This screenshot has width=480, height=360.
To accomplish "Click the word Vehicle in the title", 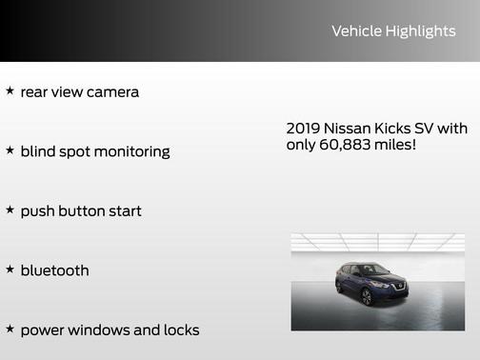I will point(353,31).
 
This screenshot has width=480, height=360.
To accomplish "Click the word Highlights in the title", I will point(419,31).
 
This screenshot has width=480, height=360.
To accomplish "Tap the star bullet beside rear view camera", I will point(10,91).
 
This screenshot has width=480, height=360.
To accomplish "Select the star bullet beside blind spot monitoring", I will point(10,150).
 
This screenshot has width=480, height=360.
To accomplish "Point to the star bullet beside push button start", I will point(10,210).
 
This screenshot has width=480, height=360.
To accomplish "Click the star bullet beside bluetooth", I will point(10,270).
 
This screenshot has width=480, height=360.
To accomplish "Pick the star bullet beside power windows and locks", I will point(10,330).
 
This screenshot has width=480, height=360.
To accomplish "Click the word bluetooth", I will point(54,270).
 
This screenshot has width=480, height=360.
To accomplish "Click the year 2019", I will point(303,129).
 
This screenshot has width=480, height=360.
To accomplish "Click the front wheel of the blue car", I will point(367,298).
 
